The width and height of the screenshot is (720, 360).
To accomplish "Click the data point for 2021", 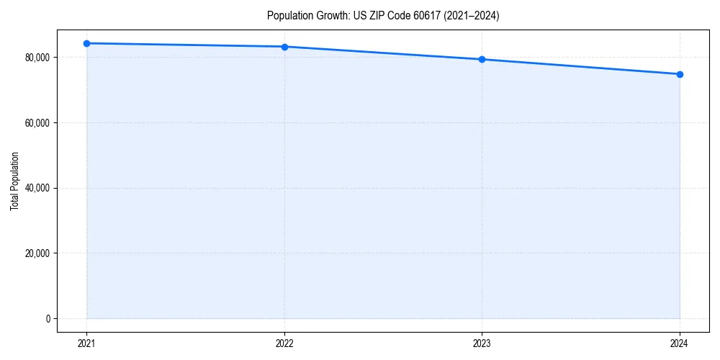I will (86, 43).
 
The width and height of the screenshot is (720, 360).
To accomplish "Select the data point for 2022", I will (284, 47).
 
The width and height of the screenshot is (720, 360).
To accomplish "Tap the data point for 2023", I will (482, 59).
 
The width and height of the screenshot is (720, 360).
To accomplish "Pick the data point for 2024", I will (680, 74).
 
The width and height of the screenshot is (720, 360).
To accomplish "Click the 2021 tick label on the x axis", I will (86, 343).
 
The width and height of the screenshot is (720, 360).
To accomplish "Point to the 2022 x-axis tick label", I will (284, 343).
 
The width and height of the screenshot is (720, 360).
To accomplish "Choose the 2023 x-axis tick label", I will (482, 343).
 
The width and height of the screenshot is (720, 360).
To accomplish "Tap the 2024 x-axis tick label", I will (680, 343).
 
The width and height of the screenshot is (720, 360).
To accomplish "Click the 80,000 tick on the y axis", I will (37, 58).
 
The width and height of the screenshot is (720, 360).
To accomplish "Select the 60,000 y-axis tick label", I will (37, 122).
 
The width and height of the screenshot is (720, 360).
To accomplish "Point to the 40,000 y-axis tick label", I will (37, 188).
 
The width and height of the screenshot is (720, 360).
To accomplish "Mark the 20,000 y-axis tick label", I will (37, 253).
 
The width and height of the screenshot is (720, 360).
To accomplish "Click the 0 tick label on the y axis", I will (48, 319).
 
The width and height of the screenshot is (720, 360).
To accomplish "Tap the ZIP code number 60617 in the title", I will (423, 16).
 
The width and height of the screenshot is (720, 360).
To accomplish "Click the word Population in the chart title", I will (289, 16).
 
